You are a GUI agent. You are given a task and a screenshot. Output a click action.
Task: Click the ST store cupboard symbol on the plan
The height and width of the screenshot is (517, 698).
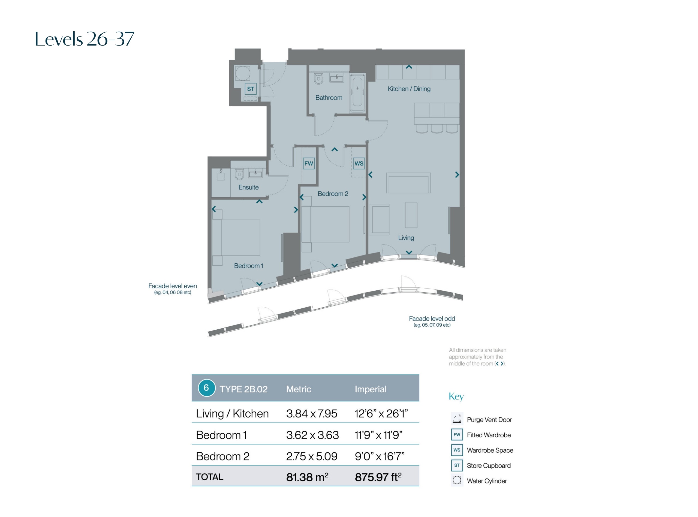(251, 89)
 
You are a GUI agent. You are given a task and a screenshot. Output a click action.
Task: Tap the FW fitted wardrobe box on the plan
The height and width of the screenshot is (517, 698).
(309, 163)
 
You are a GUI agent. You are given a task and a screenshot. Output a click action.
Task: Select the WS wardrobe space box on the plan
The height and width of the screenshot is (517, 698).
(359, 163)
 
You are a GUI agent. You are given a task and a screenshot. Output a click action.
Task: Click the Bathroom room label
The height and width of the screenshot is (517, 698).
(329, 98)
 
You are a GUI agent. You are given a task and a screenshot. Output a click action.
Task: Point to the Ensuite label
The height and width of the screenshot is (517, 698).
(248, 187)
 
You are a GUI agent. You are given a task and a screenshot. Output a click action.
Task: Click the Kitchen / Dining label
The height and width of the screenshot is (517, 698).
(409, 89)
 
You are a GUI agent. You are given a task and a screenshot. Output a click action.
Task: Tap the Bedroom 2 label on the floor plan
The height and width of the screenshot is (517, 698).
(333, 194)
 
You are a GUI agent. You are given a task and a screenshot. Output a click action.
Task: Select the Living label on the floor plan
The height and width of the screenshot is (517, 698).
(406, 238)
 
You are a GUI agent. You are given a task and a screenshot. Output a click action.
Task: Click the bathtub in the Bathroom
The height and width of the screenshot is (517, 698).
(357, 93)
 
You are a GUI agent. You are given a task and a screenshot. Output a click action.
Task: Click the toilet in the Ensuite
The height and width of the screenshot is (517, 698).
(239, 174)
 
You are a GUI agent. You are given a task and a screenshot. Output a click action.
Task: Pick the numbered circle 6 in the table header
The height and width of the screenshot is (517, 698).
(206, 388)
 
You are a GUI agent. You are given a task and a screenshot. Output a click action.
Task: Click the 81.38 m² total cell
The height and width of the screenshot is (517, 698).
(307, 477)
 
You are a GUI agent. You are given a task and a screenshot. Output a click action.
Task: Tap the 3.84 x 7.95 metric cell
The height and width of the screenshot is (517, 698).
(312, 414)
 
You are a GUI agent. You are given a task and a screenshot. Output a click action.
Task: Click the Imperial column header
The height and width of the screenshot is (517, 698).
(371, 389)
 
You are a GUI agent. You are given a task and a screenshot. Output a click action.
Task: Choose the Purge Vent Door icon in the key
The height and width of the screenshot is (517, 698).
(457, 419)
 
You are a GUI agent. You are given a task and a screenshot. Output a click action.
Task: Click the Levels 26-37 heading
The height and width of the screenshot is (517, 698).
(85, 39)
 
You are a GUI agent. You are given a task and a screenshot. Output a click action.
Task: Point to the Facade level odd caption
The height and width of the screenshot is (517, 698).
(432, 318)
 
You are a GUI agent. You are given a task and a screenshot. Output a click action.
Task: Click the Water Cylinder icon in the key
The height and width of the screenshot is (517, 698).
(457, 480)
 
